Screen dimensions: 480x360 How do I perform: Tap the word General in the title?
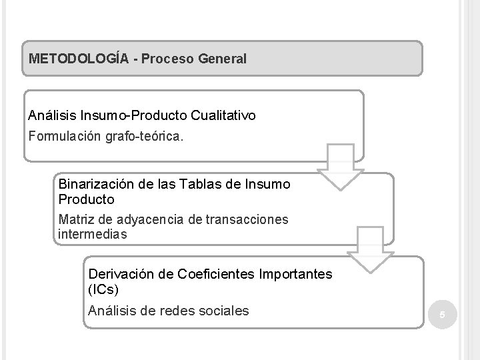point(221,59)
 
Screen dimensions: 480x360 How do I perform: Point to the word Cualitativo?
point(223,115)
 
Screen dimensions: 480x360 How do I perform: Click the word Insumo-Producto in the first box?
point(133,115)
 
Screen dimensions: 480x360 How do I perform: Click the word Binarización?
point(91,184)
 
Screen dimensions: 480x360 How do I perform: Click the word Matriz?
point(75,219)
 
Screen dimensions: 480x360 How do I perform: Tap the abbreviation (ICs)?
point(103,291)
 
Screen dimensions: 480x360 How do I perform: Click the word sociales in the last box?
point(223,310)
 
